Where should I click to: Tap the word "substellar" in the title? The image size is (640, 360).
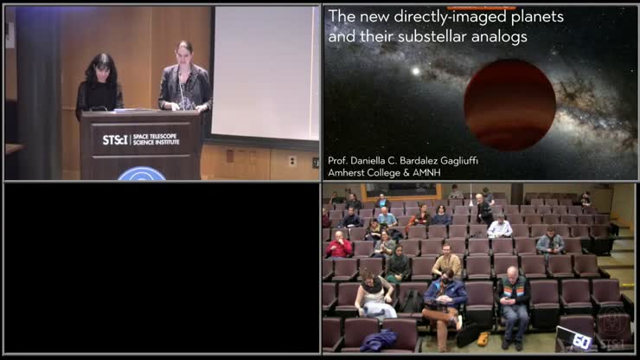[457, 37]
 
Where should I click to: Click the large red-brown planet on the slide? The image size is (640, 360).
[509, 104]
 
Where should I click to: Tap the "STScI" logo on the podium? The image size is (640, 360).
[115, 139]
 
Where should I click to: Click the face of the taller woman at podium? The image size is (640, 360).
[183, 52]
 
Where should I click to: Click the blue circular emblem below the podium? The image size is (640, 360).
[142, 175]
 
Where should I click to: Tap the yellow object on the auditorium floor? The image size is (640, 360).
[483, 338]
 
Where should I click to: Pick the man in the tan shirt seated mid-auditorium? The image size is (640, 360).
[447, 260]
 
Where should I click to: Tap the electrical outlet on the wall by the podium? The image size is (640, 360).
[291, 160]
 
